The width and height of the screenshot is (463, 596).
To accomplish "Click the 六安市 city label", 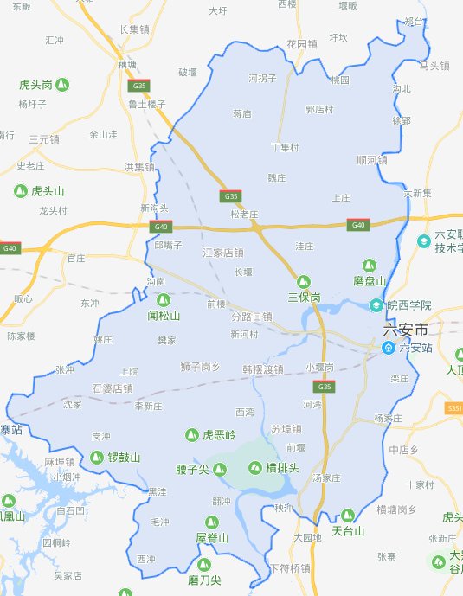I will coord(406,330).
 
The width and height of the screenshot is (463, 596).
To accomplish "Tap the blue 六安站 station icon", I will coord(390,348).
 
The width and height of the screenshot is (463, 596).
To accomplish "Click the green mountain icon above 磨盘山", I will coord(370,265).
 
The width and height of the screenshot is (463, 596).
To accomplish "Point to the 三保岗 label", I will coord(304,297).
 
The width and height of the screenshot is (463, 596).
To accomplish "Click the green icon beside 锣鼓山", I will coord(95,458).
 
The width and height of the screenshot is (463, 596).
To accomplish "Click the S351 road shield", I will coord(454,407).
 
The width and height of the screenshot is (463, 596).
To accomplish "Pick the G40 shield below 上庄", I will coord(357,225).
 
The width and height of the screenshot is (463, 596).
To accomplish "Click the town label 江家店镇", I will coord(223,253).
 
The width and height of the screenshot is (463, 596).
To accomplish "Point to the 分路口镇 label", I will coord(252,317).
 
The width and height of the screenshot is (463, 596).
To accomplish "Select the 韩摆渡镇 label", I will coord(263,369).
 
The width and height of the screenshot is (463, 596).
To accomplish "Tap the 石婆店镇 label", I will coord(113,388).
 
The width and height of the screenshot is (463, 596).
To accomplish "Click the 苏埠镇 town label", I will coord(286,428).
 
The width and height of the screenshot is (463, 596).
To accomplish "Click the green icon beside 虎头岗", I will coord(63,85).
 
